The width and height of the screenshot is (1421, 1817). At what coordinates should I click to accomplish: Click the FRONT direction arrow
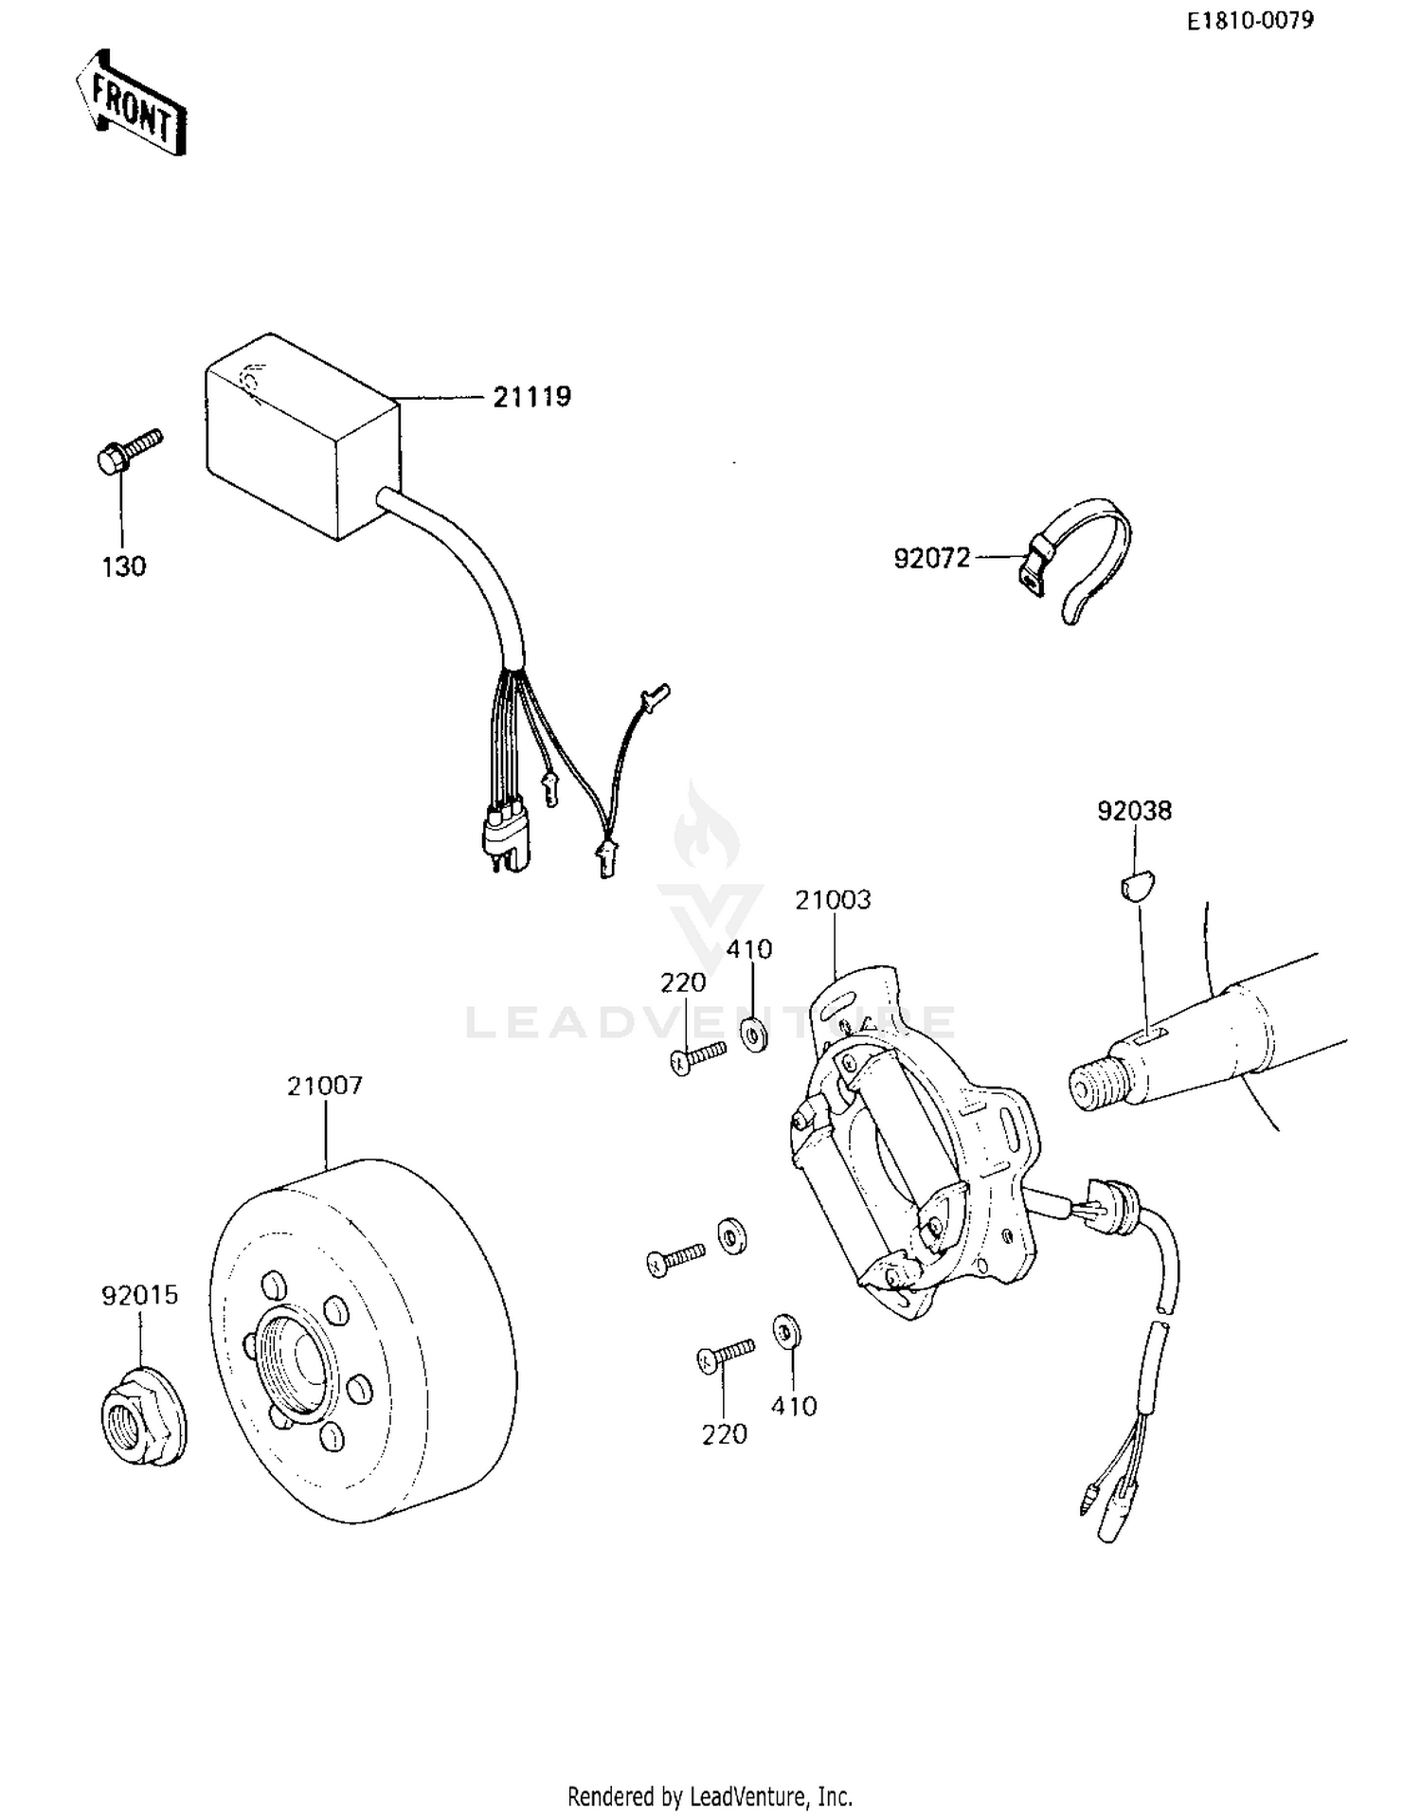(131, 104)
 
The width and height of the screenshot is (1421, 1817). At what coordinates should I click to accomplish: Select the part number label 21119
(531, 397)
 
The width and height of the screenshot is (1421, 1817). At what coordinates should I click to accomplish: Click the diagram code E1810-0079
(1250, 21)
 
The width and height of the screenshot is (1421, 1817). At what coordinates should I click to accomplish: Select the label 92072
(932, 558)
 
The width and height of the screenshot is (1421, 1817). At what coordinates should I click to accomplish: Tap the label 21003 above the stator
(833, 900)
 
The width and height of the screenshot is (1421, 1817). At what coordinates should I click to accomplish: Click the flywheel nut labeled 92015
(143, 1424)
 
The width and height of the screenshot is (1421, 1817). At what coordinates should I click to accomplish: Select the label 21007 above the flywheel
(325, 1086)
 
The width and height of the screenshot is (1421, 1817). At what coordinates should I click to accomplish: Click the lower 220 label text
(724, 1435)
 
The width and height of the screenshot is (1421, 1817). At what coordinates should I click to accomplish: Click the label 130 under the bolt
(124, 567)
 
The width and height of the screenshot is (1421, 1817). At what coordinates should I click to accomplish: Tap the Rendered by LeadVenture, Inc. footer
(710, 1795)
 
